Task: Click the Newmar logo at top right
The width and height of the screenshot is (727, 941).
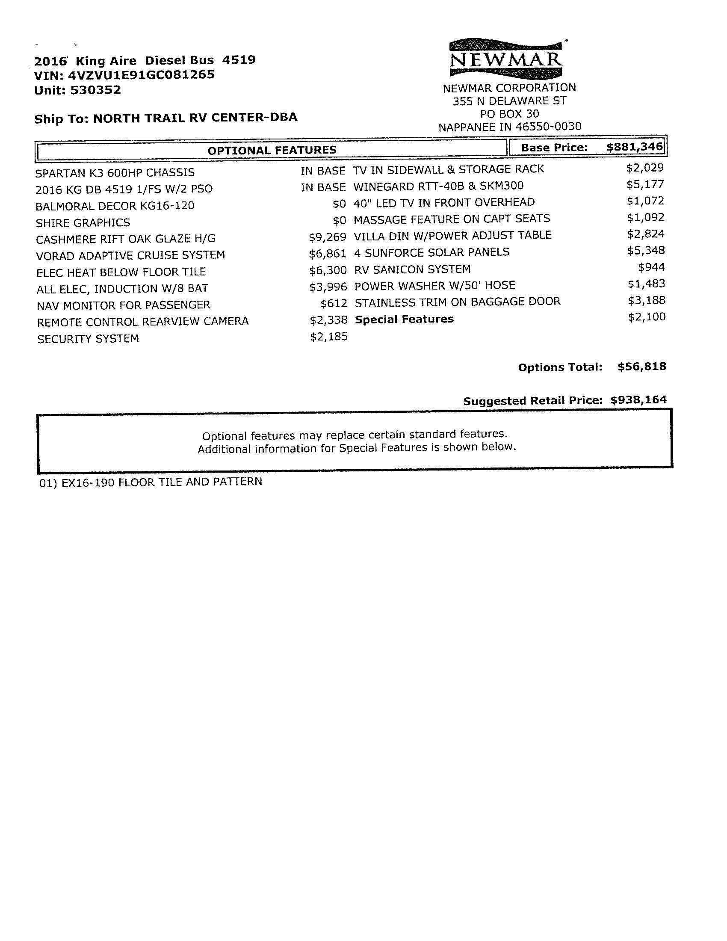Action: tap(505, 58)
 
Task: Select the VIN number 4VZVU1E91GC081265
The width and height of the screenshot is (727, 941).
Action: tap(141, 75)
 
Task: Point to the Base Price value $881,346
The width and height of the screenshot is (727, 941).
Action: tap(634, 147)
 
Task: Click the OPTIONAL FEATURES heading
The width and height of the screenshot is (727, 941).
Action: tap(272, 150)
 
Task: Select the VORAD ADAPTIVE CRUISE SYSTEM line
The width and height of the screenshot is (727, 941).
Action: tap(130, 255)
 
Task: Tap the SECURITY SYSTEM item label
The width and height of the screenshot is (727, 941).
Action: tap(88, 339)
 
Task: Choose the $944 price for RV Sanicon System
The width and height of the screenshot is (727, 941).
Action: tap(651, 268)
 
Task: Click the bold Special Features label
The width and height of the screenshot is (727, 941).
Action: tap(404, 319)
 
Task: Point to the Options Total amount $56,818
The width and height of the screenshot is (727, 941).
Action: tap(642, 367)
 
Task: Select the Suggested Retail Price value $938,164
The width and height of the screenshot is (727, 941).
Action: tap(638, 400)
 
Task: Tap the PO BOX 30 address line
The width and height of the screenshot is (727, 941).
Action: tap(509, 114)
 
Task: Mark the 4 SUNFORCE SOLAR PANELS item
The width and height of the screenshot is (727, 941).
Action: tap(431, 252)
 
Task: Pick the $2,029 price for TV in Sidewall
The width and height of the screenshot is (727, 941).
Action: tap(645, 168)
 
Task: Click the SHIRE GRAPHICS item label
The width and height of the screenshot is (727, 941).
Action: tap(83, 223)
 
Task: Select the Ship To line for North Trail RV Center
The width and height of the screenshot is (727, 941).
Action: tap(166, 118)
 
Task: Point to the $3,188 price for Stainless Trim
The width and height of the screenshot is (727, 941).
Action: tap(646, 300)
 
